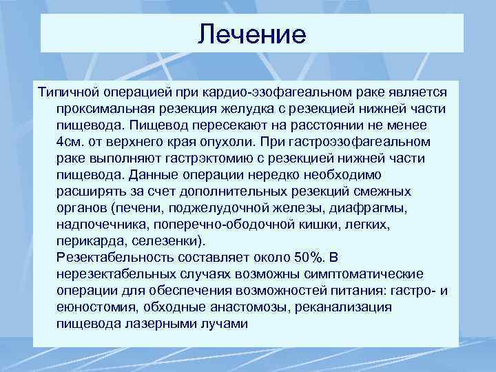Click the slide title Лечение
pyautogui.click(x=251, y=34)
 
